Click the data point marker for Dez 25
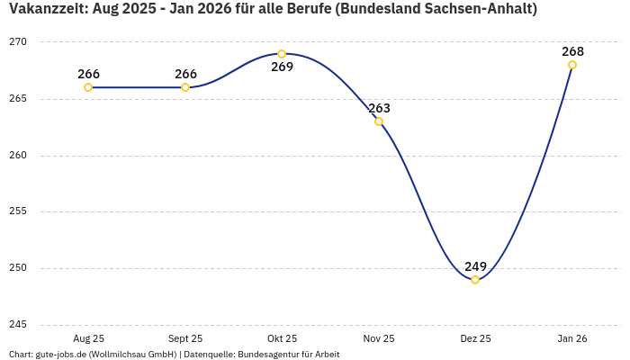pyautogui.click(x=475, y=280)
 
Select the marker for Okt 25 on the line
pyautogui.click(x=282, y=54)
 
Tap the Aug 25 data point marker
pyautogui.click(x=88, y=87)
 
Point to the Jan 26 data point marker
pyautogui.click(x=572, y=65)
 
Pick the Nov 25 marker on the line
pyautogui.click(x=379, y=121)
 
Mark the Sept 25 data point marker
pyautogui.click(x=185, y=87)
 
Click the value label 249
pyautogui.click(x=475, y=266)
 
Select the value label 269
pyautogui.click(x=282, y=67)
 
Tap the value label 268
pyautogui.click(x=572, y=51)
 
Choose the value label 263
pyautogui.click(x=379, y=108)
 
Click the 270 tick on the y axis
pyautogui.click(x=19, y=42)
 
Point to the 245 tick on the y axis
pyautogui.click(x=19, y=325)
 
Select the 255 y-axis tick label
pyautogui.click(x=19, y=211)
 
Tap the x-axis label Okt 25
pyautogui.click(x=282, y=339)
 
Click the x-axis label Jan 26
pyautogui.click(x=572, y=339)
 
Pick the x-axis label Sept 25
pyautogui.click(x=185, y=339)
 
